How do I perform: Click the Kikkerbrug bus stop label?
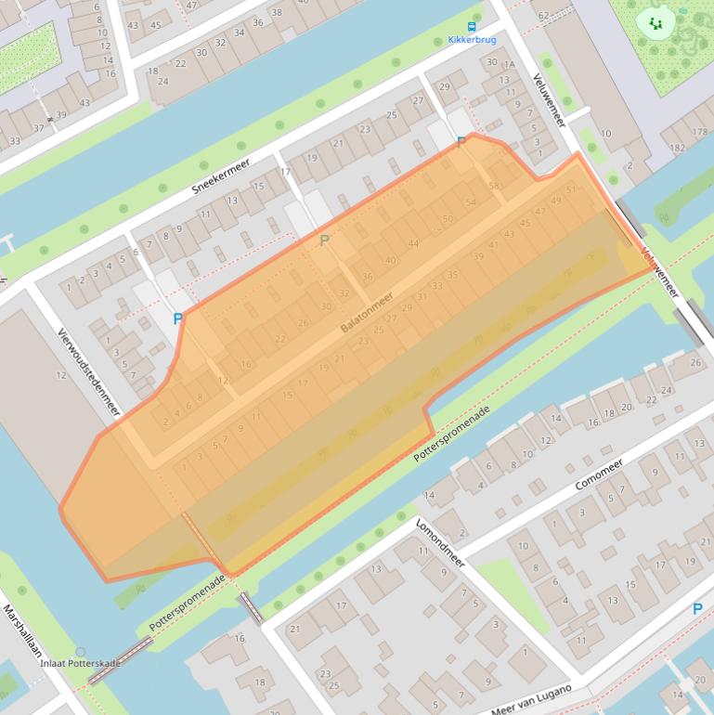[x=472, y=40]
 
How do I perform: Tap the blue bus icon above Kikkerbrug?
[x=472, y=26]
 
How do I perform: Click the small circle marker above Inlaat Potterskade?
[x=81, y=652]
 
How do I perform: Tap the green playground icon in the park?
[x=656, y=23]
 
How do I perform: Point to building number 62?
[x=543, y=16]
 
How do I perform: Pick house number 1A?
[x=509, y=64]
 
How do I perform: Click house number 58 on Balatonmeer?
[x=494, y=186]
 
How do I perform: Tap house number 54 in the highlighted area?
[x=471, y=202]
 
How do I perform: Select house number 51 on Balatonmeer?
[x=571, y=189]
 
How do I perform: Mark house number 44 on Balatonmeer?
[x=413, y=244]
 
